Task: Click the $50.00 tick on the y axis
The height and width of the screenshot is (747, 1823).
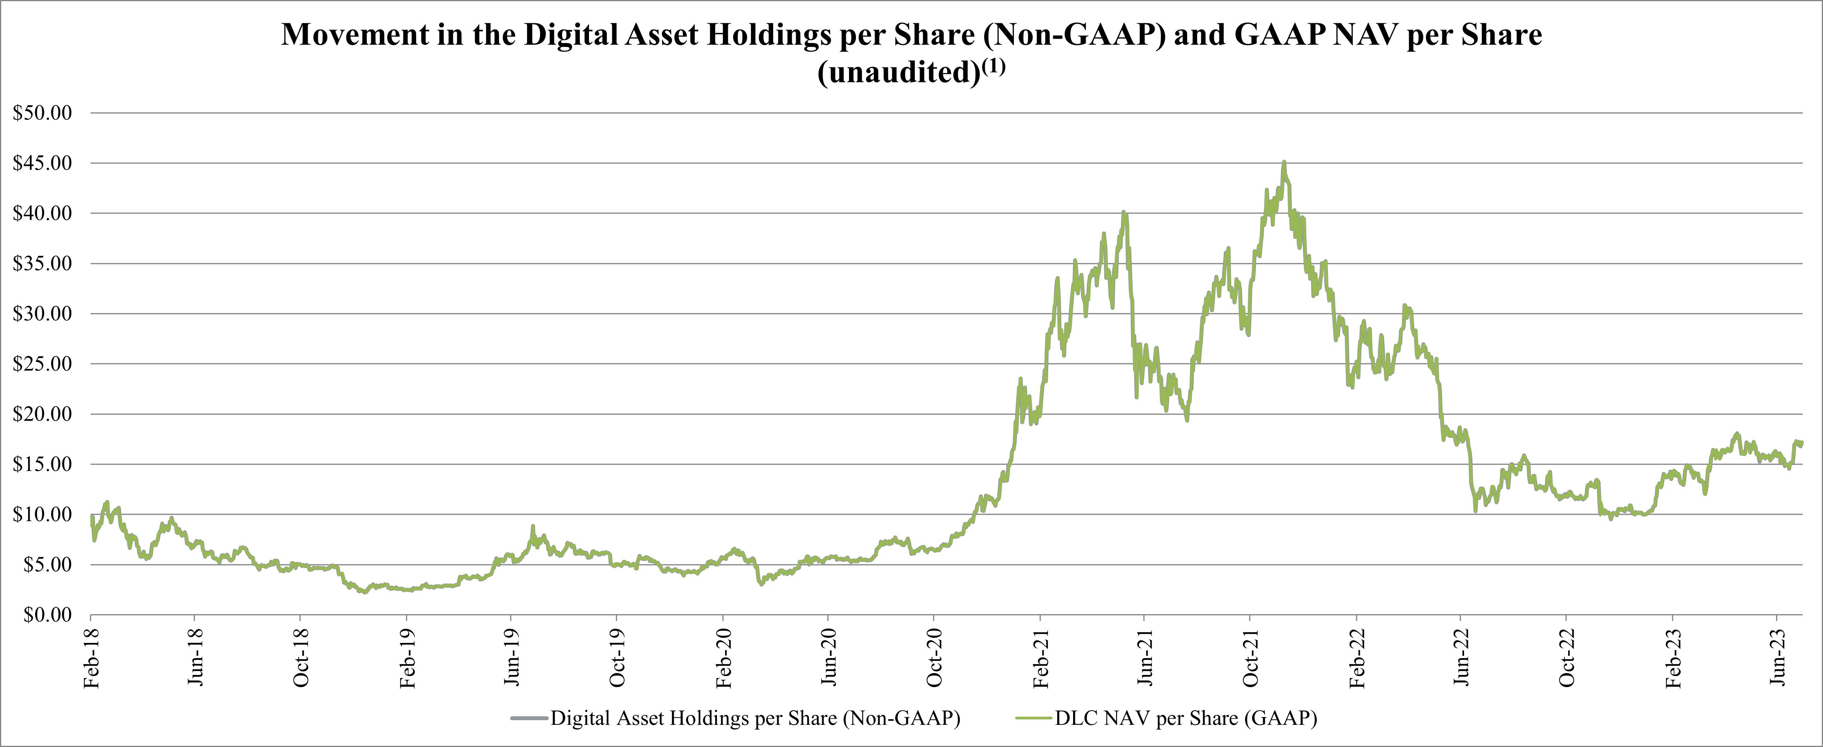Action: (x=43, y=113)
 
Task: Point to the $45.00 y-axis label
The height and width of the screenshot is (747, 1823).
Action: (x=43, y=164)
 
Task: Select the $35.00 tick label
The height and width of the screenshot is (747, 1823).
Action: (x=43, y=264)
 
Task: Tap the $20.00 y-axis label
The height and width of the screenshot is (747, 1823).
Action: (x=43, y=415)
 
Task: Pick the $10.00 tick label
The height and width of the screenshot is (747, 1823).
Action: (x=43, y=515)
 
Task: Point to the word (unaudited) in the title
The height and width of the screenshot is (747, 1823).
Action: (x=899, y=73)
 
